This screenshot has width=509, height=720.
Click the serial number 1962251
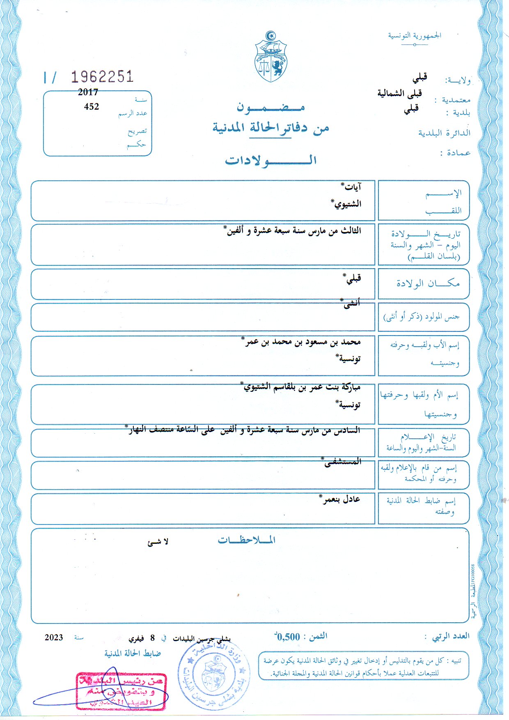tap(102, 77)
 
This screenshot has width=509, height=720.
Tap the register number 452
tap(92, 107)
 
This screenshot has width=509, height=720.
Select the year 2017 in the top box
tap(88, 92)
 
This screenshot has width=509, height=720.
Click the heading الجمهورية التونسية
tap(415, 35)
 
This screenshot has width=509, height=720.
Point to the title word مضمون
tap(271, 108)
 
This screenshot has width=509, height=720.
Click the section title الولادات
tap(271, 160)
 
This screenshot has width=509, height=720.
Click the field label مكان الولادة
tap(428, 283)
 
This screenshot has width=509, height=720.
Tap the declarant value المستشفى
tap(343, 462)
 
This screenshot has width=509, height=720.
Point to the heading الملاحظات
tap(247, 540)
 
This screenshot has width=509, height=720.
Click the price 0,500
tap(288, 637)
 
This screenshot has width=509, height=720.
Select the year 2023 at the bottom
tap(54, 637)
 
